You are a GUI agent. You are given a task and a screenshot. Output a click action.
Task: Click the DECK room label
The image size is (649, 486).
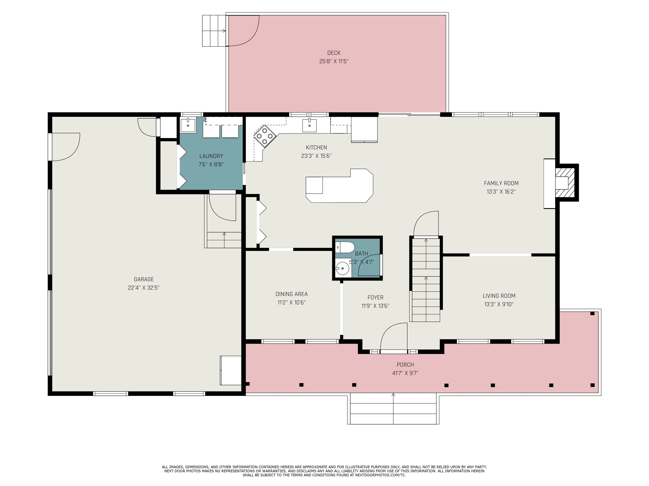tap(334, 53)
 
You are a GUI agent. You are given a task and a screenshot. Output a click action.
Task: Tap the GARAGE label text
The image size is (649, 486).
tap(144, 279)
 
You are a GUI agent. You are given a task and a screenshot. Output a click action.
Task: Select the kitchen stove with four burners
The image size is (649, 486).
tap(265, 136)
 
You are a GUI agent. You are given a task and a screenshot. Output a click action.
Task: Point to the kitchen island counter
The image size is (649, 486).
tap(339, 186)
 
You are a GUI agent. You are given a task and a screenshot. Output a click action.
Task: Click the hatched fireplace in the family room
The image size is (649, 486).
tap(566, 183)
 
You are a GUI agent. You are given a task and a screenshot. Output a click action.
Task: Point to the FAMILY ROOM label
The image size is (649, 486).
tap(501, 183)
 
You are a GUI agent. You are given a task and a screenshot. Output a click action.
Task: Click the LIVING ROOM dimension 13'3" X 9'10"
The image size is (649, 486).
tap(499, 304)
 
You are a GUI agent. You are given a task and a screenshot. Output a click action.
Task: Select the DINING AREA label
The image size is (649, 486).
tap(292, 294)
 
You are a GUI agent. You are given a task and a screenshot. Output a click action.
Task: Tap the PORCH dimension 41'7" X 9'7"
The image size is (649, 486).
tap(405, 373)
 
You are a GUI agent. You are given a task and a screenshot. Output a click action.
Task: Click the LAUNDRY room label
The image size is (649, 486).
tap(211, 156)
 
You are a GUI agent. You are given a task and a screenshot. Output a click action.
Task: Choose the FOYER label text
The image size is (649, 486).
tap(376, 298)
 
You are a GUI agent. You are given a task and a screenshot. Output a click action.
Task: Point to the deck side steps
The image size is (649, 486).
tap(214, 31)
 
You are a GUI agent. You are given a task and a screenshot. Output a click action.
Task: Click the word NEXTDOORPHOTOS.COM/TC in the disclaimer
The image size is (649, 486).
tap(380, 475)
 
